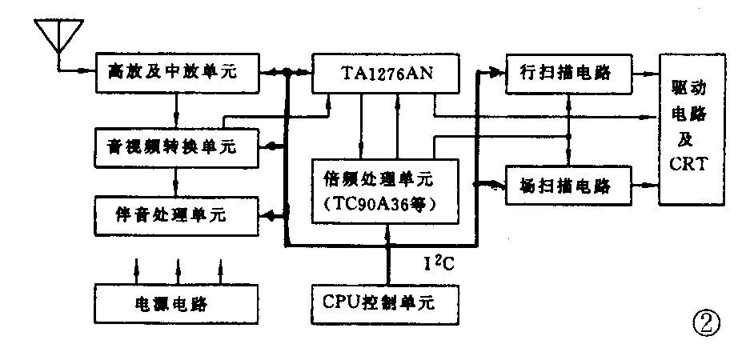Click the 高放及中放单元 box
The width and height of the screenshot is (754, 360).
(177, 73)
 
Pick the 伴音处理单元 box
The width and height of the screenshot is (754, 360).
(177, 214)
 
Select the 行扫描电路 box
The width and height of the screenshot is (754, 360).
(569, 74)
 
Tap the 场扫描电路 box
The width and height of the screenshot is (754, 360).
(569, 187)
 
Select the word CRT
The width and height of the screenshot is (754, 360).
(687, 168)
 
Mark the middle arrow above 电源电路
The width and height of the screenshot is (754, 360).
(178, 266)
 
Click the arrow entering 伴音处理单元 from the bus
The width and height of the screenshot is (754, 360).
(272, 214)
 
